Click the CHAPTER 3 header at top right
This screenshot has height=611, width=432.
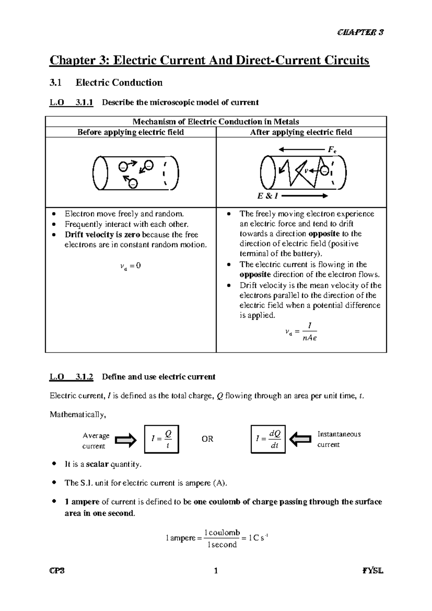point(360,32)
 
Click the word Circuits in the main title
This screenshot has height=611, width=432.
point(347,60)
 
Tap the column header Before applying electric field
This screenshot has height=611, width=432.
point(131,132)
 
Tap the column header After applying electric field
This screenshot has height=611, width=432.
point(301,132)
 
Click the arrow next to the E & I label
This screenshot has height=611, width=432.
point(305,196)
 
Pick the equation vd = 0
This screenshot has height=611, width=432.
point(130,266)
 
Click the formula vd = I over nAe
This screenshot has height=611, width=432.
point(301,332)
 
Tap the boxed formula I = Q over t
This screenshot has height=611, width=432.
point(161,439)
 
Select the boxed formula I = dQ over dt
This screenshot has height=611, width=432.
point(268,439)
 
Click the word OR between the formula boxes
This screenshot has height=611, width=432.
point(207,439)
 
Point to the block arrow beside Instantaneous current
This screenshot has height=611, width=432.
point(300,439)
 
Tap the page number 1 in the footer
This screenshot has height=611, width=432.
point(216,571)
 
